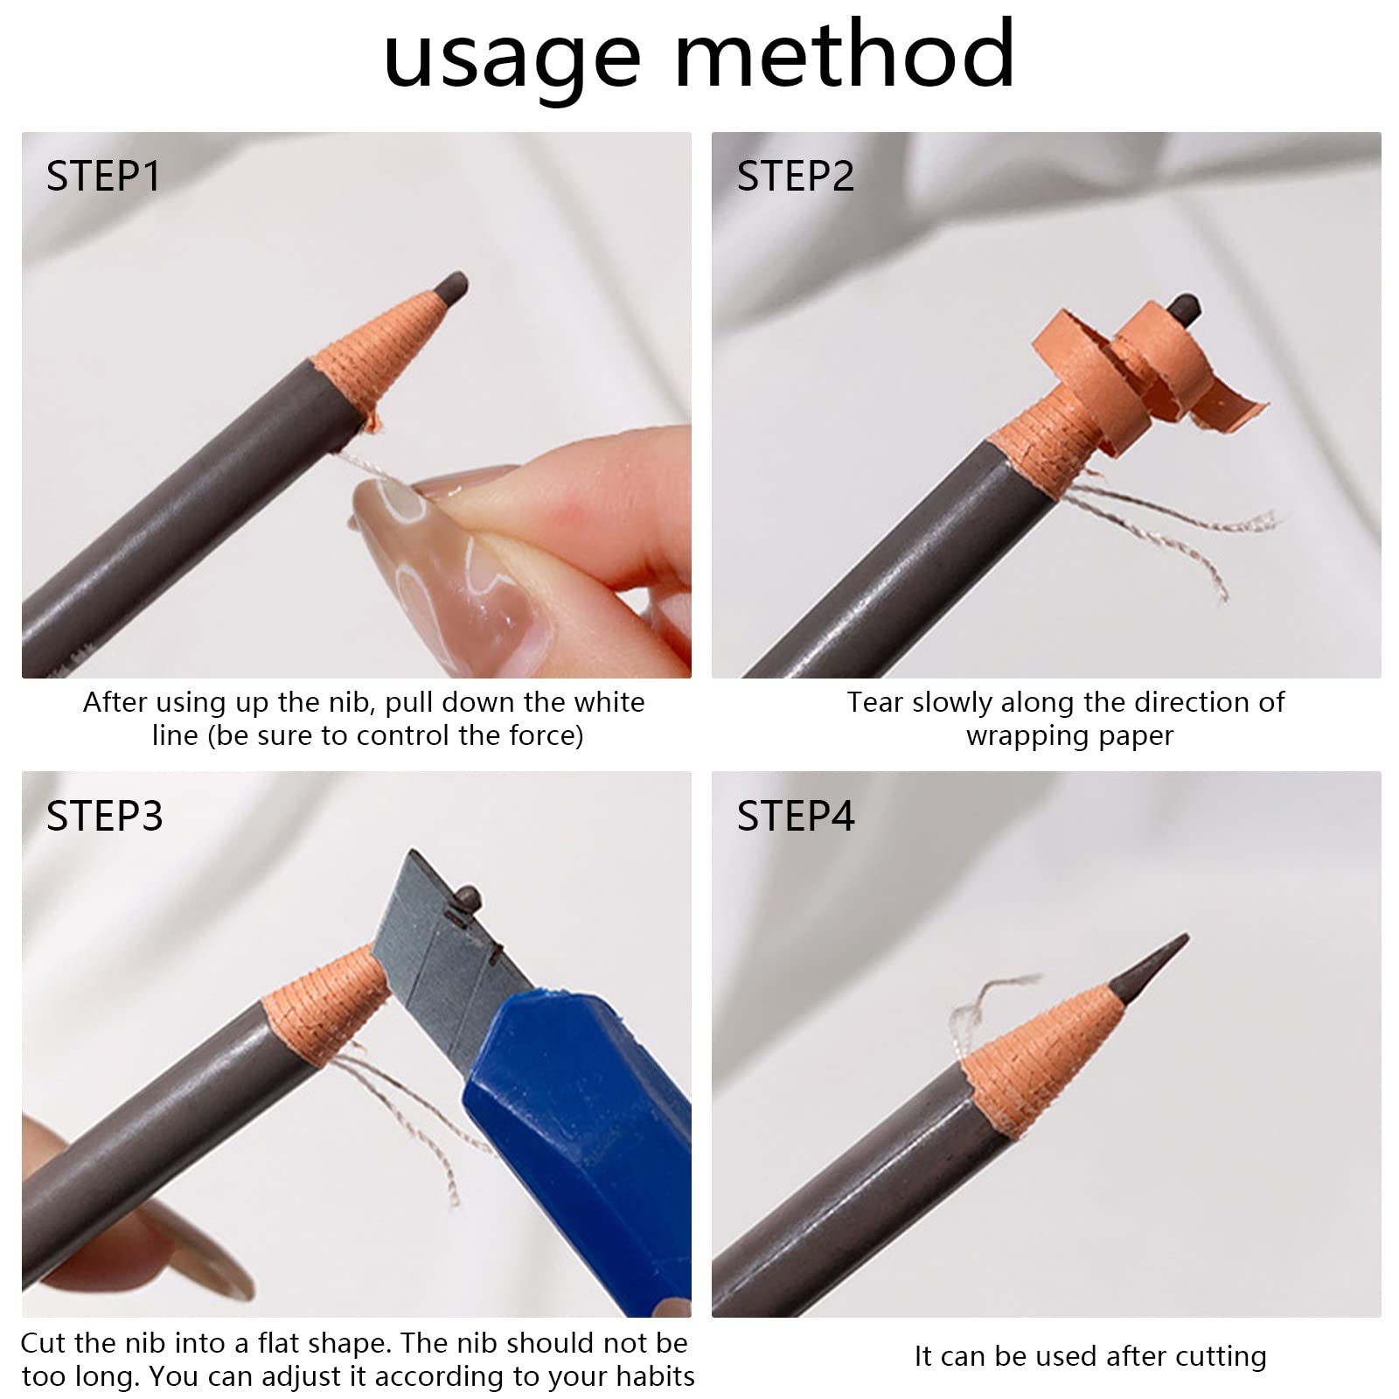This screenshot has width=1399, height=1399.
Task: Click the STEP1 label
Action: (103, 176)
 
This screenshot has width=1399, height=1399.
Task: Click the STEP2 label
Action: (796, 176)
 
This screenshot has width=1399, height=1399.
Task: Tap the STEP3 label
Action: (104, 815)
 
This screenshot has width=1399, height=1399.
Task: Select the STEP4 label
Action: (796, 815)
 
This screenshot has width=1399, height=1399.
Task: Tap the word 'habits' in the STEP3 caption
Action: (655, 1376)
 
